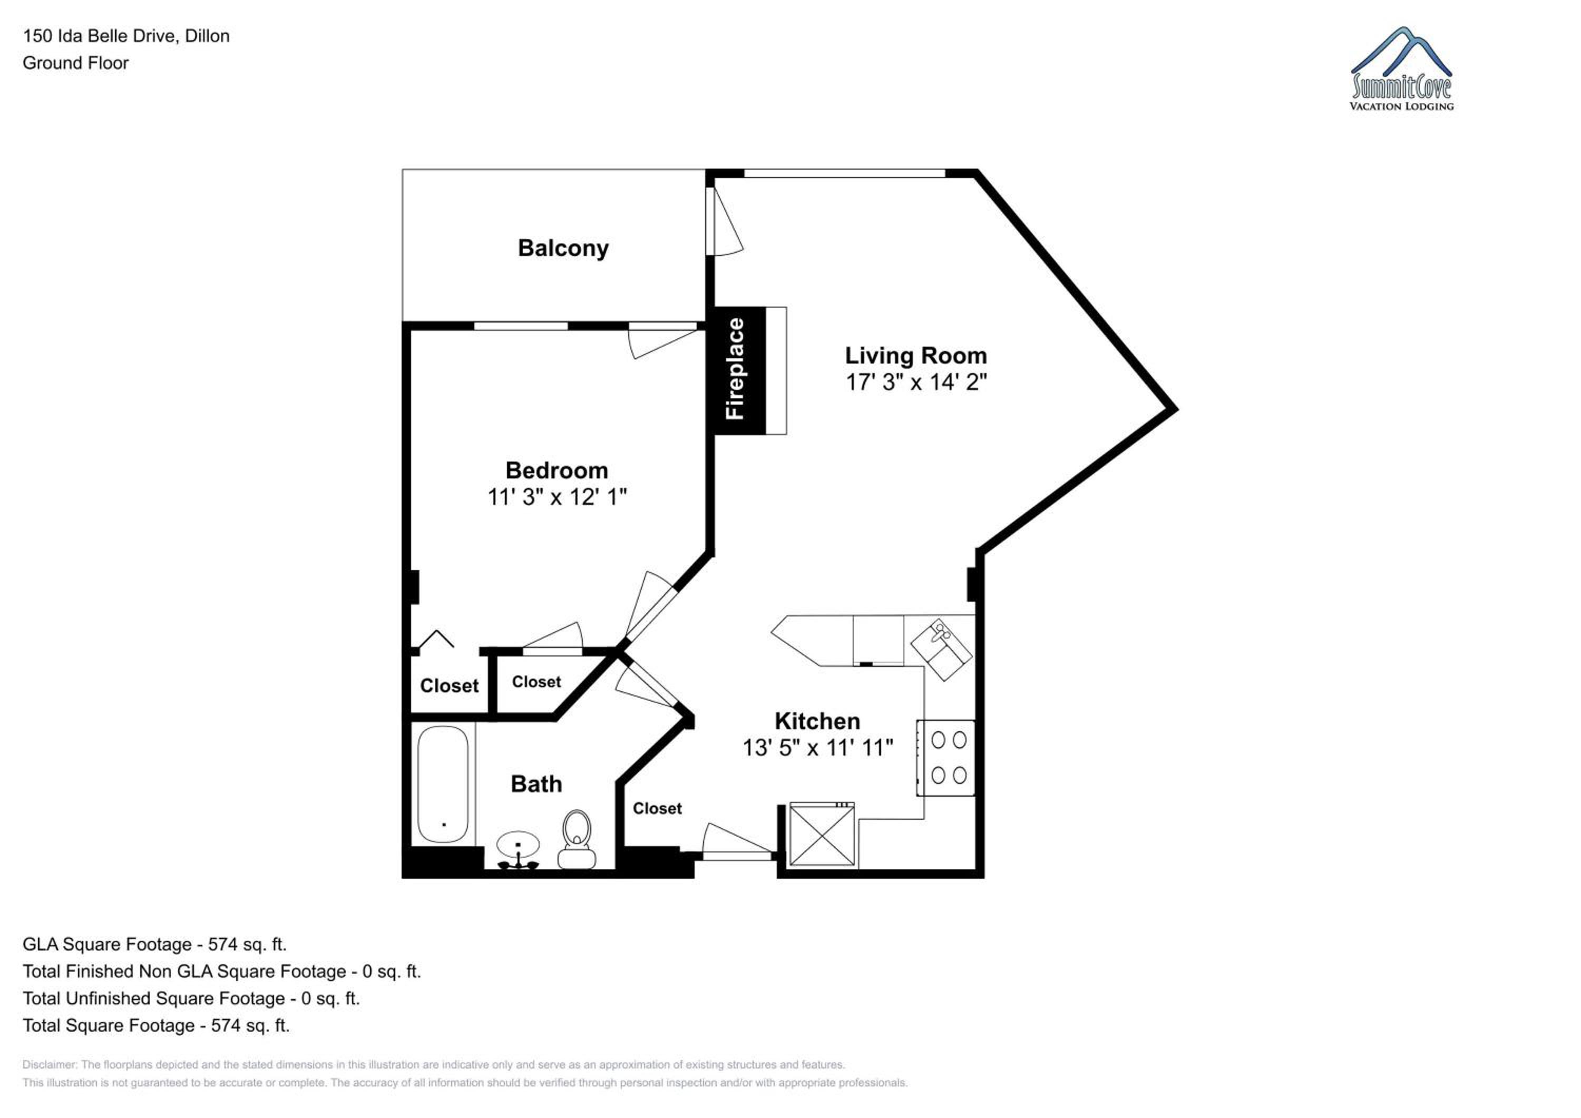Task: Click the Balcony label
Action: coord(563,249)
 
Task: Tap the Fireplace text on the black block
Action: coord(735,368)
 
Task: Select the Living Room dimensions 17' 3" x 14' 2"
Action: coord(916,381)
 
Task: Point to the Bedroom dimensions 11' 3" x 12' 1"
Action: coord(557,496)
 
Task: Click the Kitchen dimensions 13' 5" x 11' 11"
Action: coord(817,748)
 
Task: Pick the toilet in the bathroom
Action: coord(577,839)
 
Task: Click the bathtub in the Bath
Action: coord(443,784)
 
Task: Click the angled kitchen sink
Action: coord(941,649)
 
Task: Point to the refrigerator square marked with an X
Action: coord(822,833)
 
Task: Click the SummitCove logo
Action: coord(1401,69)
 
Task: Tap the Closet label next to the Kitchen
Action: coord(657,809)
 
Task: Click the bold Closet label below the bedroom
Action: coord(449,685)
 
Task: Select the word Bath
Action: coord(536,784)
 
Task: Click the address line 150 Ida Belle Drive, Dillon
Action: coord(126,36)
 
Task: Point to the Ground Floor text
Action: coord(76,63)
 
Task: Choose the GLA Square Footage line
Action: coord(154,944)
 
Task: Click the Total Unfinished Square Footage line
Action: coord(191,998)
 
